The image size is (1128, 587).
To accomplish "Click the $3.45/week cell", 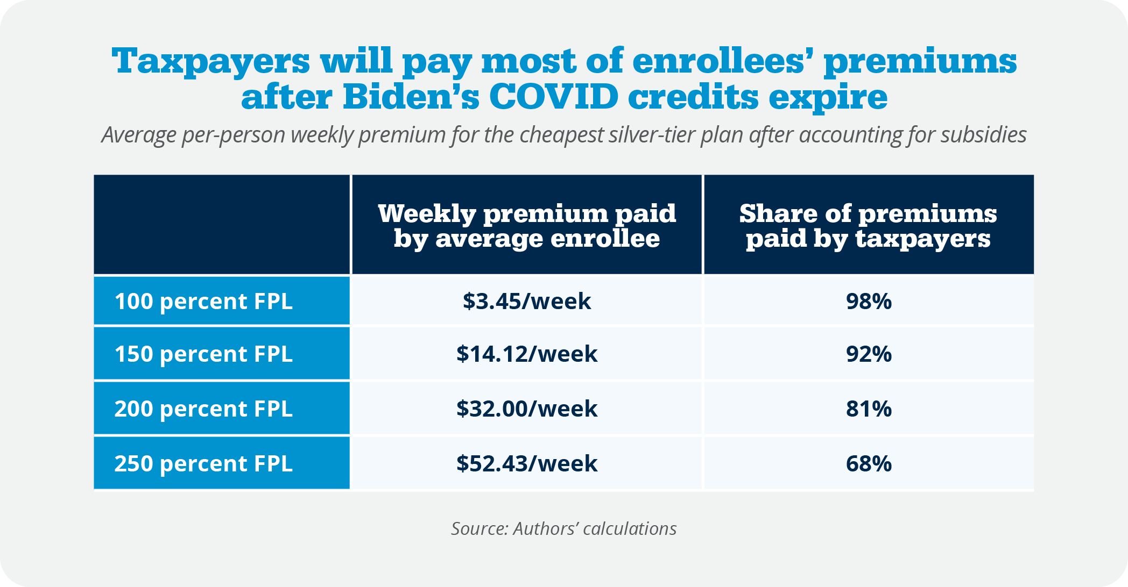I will pyautogui.click(x=527, y=301).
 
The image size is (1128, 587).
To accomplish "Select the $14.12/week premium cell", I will pyautogui.click(x=527, y=354).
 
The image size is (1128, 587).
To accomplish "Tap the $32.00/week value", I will pyautogui.click(x=527, y=409).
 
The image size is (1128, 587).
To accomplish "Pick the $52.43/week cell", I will pyautogui.click(x=527, y=463).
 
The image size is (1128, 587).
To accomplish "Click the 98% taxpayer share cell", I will pyautogui.click(x=869, y=301).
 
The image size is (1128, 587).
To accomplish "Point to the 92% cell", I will pyautogui.click(x=869, y=354).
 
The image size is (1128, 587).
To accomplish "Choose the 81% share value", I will pyautogui.click(x=869, y=409).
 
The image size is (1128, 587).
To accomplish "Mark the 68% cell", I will pyautogui.click(x=869, y=463).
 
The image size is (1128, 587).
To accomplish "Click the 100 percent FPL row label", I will pyautogui.click(x=203, y=301).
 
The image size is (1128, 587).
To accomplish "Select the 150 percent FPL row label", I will pyautogui.click(x=203, y=354).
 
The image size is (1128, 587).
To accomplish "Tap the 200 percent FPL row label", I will pyautogui.click(x=203, y=409).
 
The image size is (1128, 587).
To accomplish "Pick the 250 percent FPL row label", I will pyautogui.click(x=203, y=463).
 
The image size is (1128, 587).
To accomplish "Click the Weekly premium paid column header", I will pyautogui.click(x=527, y=226).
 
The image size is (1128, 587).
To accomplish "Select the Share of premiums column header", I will pyautogui.click(x=868, y=226).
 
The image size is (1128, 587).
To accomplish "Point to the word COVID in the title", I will pyautogui.click(x=554, y=97).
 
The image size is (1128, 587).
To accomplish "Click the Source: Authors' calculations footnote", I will pyautogui.click(x=563, y=528).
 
